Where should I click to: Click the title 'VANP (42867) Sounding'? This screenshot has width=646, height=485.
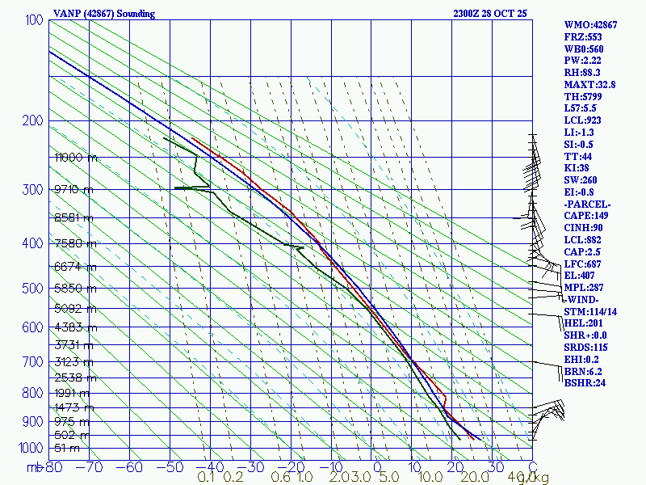(104, 14)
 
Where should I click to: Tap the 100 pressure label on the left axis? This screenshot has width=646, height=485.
(35, 20)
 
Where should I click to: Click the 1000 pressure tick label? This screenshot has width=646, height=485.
(31, 448)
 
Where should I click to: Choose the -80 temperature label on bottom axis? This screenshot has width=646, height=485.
(53, 466)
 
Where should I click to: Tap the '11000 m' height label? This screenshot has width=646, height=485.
(76, 158)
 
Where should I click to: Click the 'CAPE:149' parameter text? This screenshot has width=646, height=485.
(586, 216)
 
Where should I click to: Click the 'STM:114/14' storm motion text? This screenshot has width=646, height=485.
(590, 311)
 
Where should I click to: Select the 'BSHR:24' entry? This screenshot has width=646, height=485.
(585, 382)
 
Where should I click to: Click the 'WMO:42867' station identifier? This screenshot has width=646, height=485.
(590, 25)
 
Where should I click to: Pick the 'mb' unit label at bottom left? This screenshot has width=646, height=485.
(34, 467)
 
